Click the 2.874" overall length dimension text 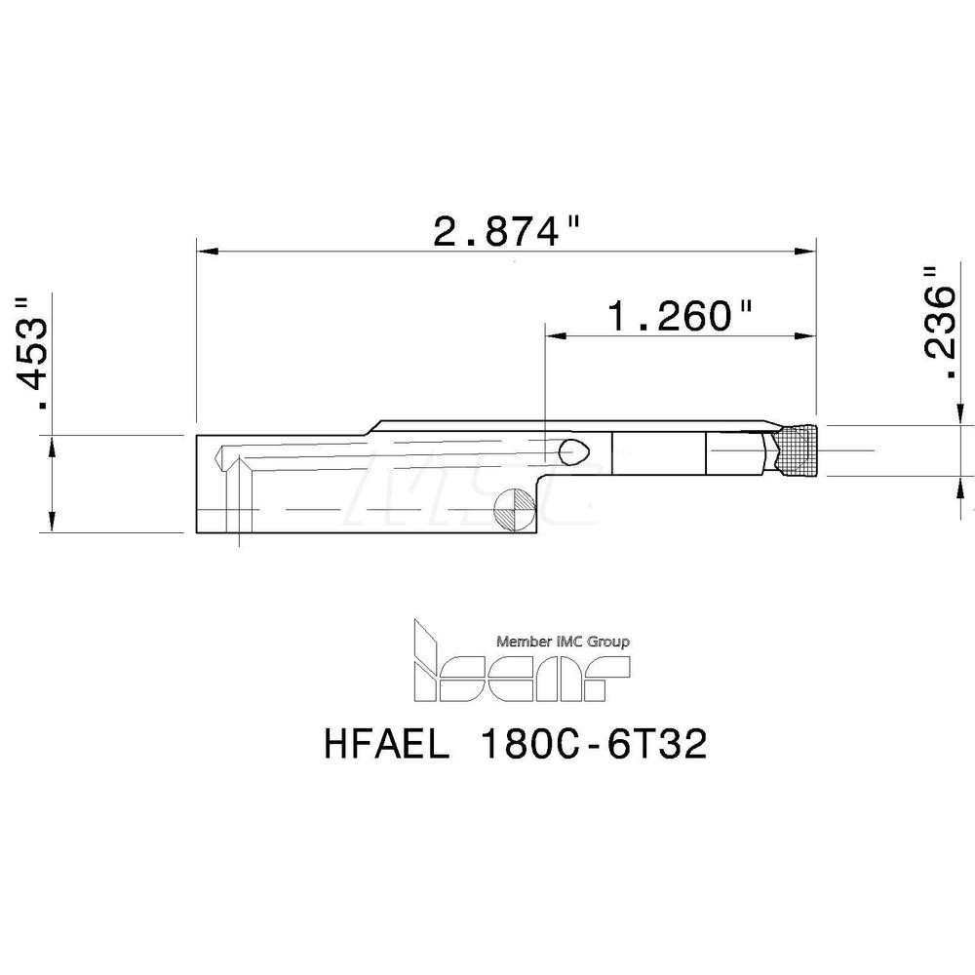[x=507, y=232]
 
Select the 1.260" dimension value [x=681, y=316]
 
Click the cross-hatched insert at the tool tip [x=797, y=451]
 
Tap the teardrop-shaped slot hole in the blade [x=574, y=449]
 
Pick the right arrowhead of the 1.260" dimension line [x=807, y=336]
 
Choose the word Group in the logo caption [x=608, y=642]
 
